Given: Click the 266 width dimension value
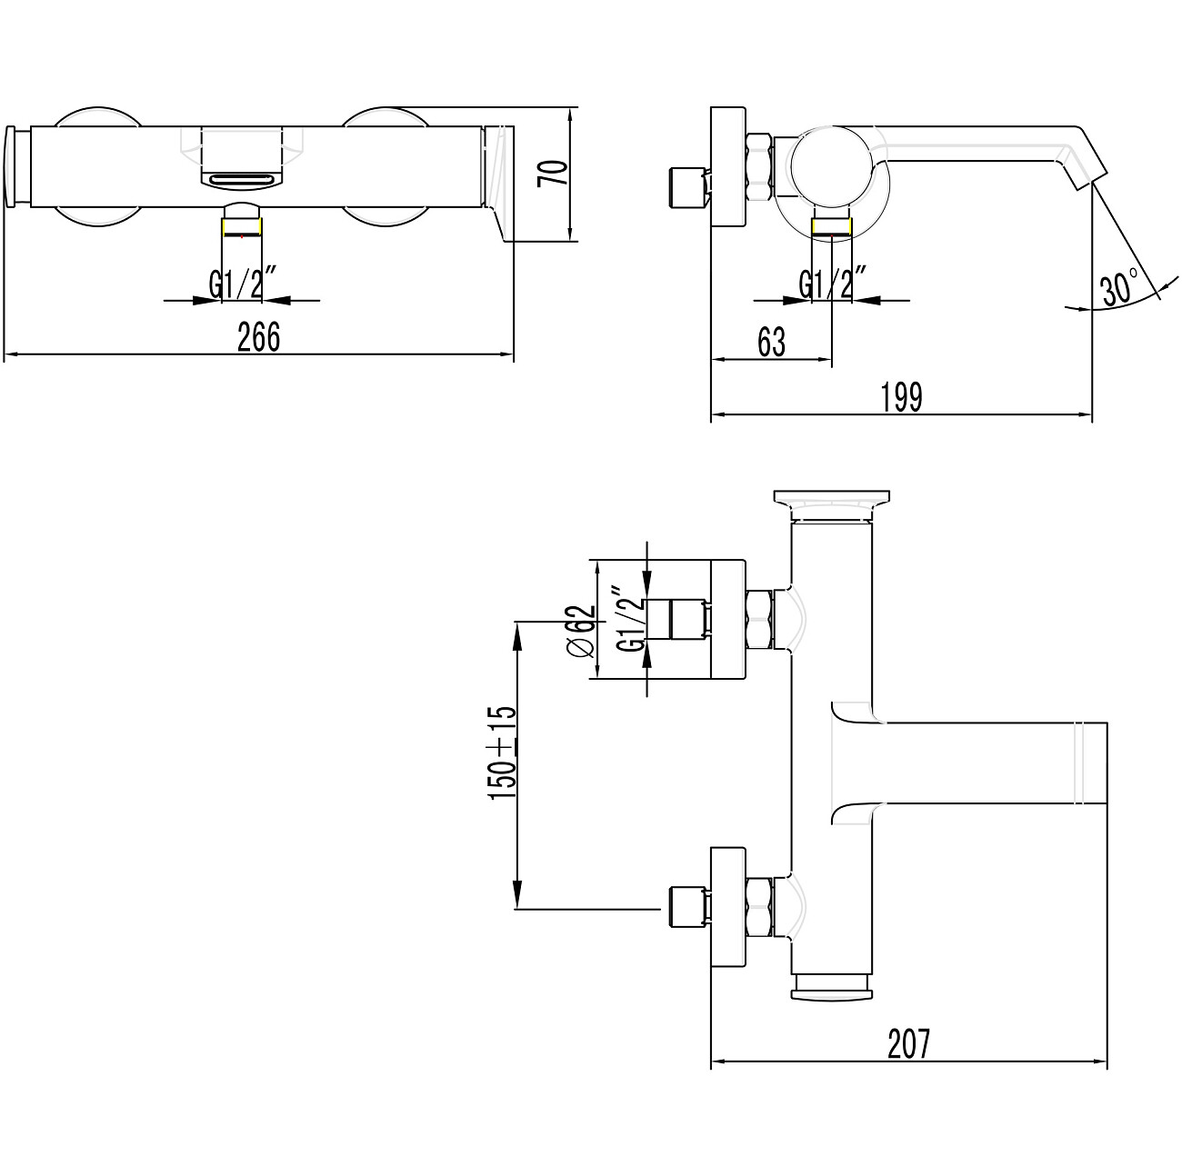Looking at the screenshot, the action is click(x=258, y=336).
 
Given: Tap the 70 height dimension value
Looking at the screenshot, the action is click(x=551, y=174).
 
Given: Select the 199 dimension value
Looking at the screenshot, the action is click(x=901, y=397).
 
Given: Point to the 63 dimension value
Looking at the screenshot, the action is click(x=771, y=342).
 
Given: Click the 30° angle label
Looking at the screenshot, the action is click(x=1119, y=286).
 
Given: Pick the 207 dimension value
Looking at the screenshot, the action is click(x=909, y=1043).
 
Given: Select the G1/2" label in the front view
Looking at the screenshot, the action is click(x=244, y=283).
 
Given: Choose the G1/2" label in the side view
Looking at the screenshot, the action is click(x=832, y=283).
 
